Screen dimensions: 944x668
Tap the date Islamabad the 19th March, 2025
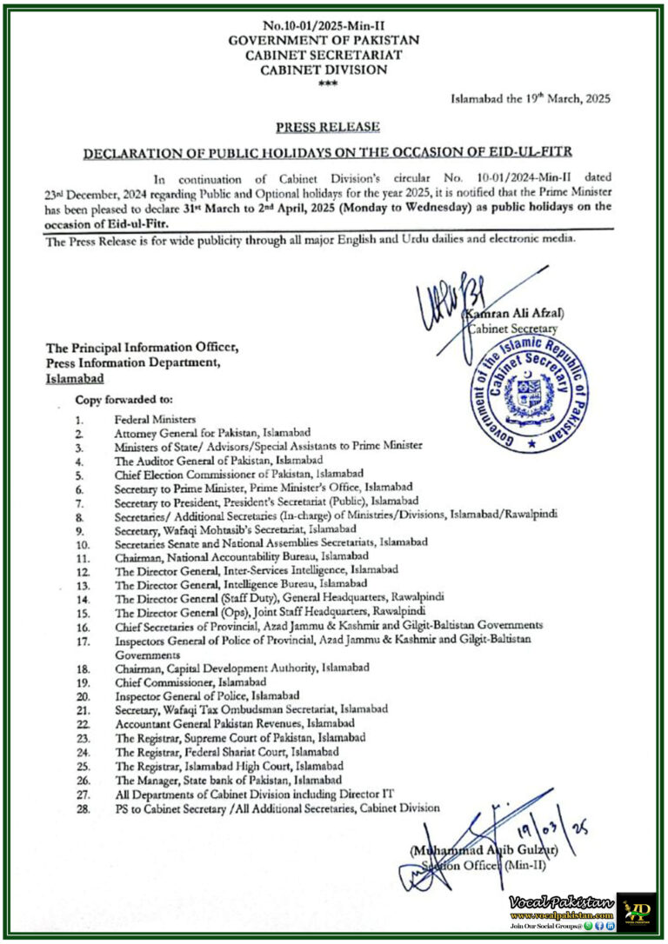(530, 98)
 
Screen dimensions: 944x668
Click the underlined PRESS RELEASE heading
(327, 127)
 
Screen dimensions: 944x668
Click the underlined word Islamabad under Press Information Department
(75, 379)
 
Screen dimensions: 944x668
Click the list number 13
(80, 584)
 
